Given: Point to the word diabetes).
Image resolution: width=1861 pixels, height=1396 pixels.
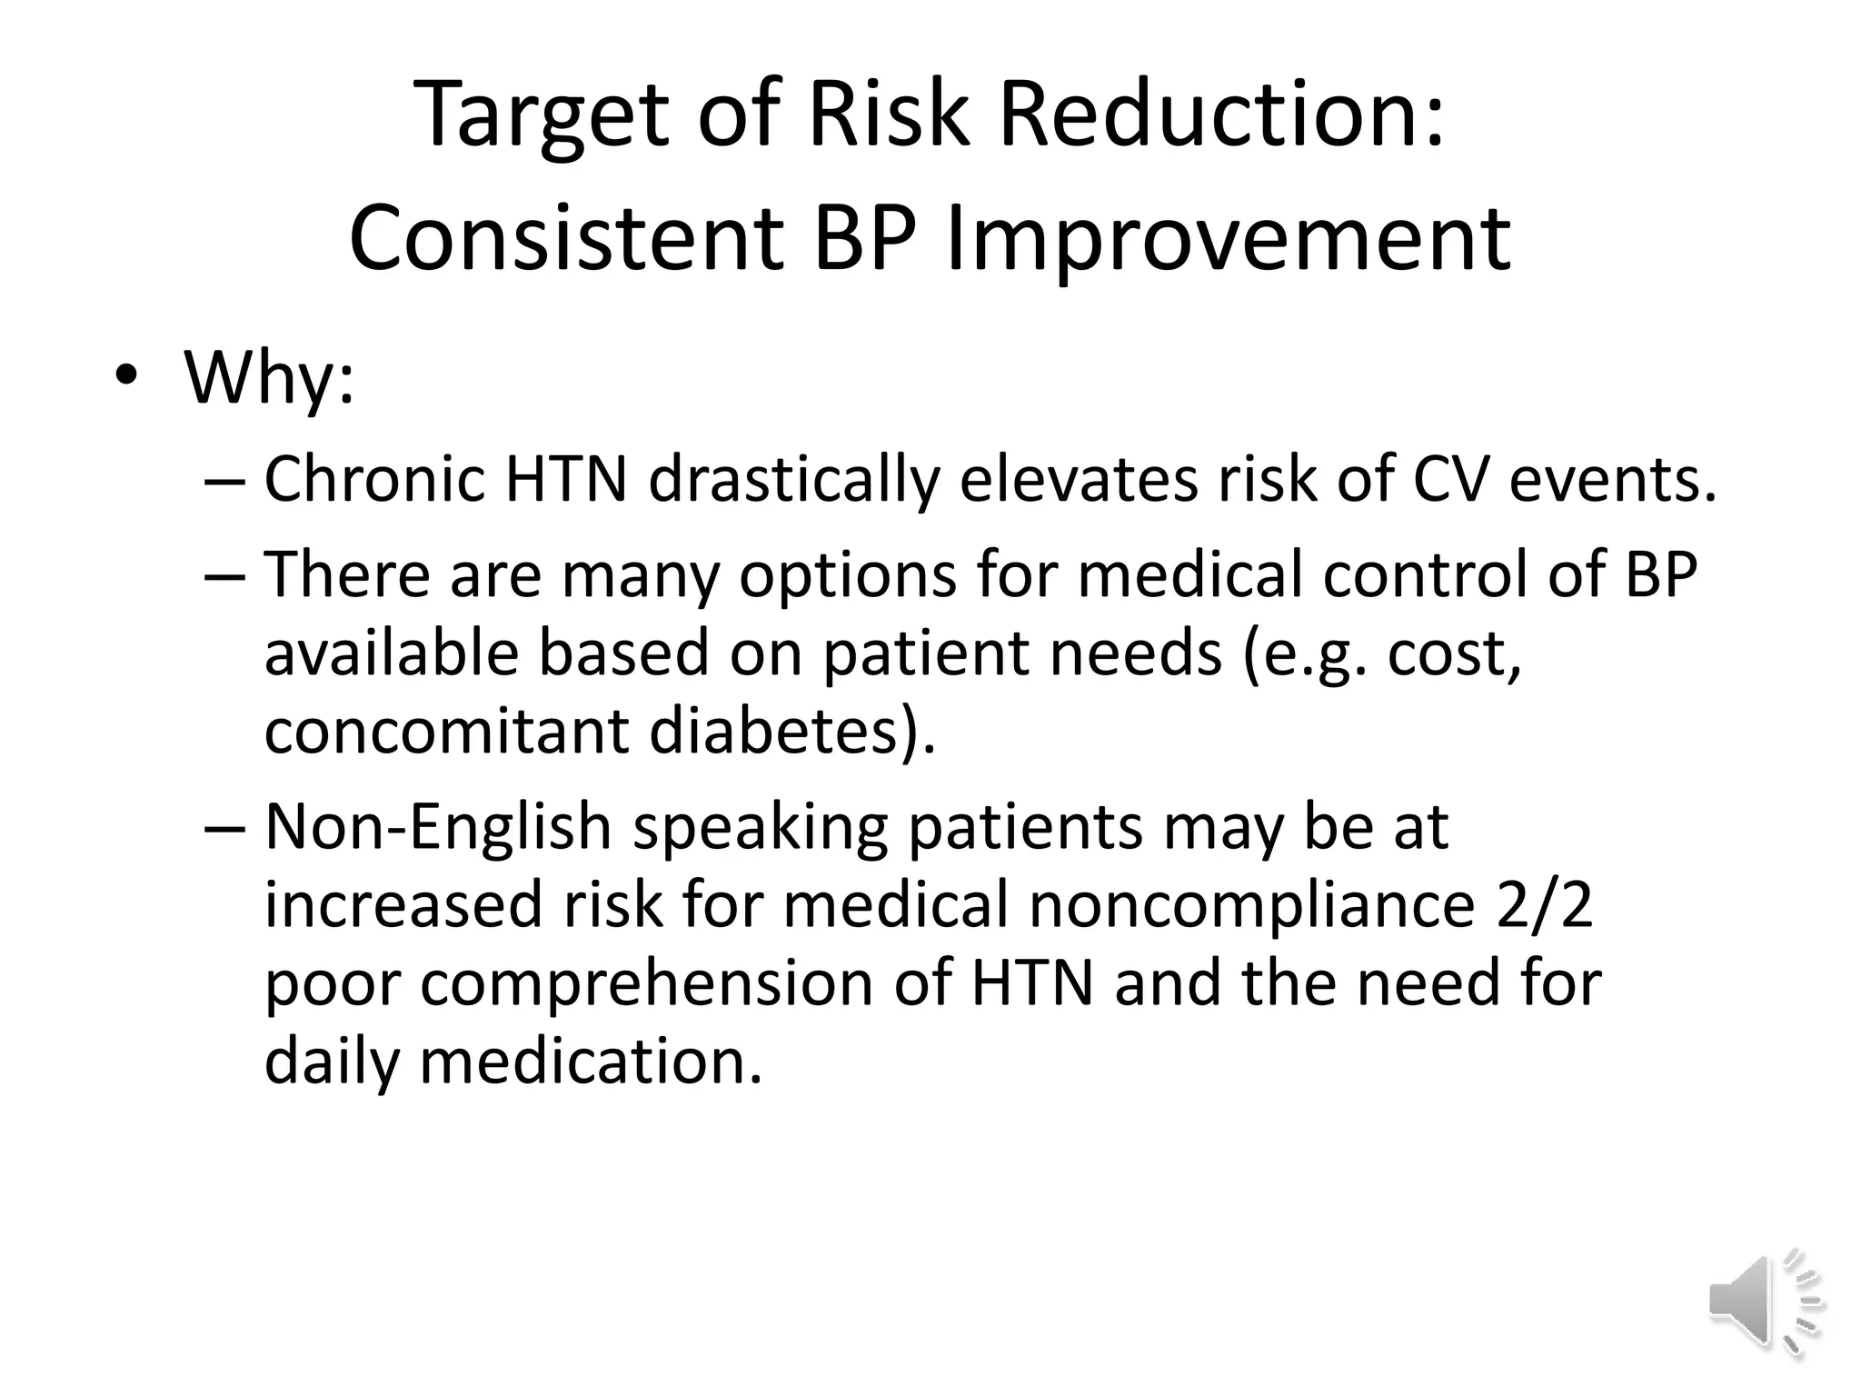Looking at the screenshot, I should click(791, 732).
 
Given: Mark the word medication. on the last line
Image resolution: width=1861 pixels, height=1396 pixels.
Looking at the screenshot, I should click(590, 1062).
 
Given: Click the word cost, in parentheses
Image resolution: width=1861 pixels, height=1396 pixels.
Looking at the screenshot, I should click(1453, 654).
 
